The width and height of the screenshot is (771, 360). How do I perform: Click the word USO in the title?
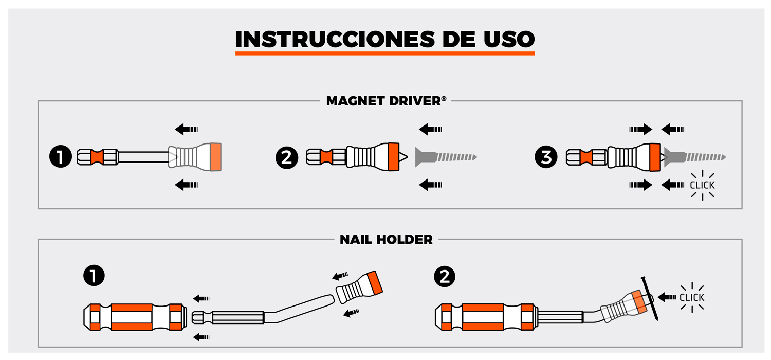509,39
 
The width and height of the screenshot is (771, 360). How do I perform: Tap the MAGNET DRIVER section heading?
386,101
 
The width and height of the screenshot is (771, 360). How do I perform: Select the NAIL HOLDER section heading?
386,240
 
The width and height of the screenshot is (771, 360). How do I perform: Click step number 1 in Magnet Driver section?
61,157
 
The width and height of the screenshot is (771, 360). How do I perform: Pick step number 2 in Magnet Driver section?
287,158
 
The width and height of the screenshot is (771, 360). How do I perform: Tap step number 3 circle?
546,157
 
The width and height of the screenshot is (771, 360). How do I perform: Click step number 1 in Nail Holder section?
94,275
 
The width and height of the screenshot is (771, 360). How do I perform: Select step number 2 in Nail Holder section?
445,276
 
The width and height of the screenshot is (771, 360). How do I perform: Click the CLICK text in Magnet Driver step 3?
702,185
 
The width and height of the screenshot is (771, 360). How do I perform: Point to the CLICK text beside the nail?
692,297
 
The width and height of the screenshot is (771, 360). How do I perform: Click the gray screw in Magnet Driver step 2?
446,157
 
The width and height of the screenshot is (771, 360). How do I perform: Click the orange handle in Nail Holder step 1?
135,317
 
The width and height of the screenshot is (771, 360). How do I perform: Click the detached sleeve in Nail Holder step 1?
359,287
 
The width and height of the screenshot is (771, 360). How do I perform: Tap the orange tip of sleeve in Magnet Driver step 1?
215,157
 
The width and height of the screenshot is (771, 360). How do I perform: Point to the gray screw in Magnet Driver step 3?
694,157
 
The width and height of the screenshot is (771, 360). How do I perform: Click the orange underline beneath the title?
385,53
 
